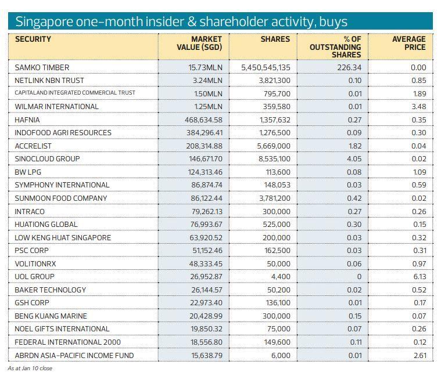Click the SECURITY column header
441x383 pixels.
click(x=33, y=39)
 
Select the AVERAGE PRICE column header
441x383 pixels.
click(x=408, y=43)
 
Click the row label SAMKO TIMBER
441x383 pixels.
click(x=42, y=67)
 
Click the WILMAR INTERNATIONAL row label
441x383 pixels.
click(x=57, y=107)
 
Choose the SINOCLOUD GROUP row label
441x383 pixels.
click(x=48, y=159)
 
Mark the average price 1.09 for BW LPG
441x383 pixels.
click(x=418, y=172)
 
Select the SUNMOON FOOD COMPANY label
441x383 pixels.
click(x=61, y=198)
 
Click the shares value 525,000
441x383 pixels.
click(x=276, y=225)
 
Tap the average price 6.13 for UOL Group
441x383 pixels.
click(x=418, y=277)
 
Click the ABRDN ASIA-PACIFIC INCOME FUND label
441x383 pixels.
click(x=74, y=355)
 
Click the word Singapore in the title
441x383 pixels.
click(x=42, y=22)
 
